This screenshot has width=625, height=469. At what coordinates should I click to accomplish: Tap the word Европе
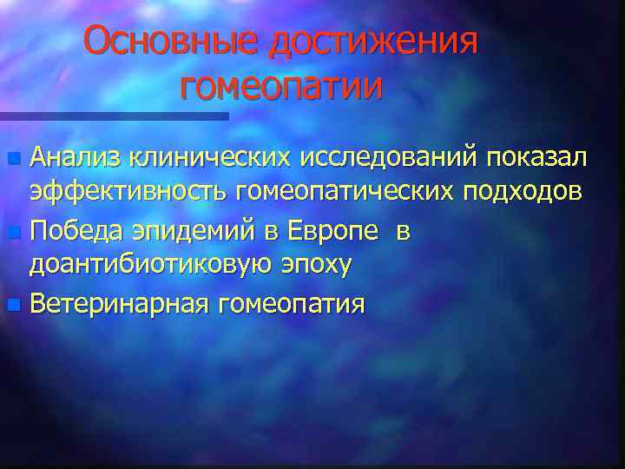point(329,233)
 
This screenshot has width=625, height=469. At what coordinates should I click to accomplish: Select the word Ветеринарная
point(115,305)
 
